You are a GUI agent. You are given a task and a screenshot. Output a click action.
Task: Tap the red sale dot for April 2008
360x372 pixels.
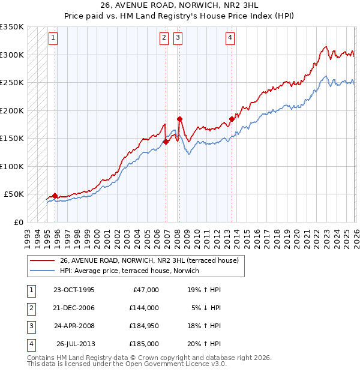179,119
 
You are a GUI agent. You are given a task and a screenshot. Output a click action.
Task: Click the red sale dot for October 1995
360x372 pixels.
55,196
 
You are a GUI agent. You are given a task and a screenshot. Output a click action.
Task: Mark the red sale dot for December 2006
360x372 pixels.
166,142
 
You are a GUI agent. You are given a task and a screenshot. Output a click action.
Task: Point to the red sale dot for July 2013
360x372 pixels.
232,119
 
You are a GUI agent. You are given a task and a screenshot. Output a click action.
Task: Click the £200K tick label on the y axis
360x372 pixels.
12,110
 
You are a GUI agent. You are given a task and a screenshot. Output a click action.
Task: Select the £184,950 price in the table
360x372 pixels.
144,327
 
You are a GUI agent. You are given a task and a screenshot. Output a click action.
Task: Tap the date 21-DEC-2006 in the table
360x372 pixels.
74,308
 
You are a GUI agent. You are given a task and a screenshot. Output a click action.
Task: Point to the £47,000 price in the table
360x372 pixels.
145,289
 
